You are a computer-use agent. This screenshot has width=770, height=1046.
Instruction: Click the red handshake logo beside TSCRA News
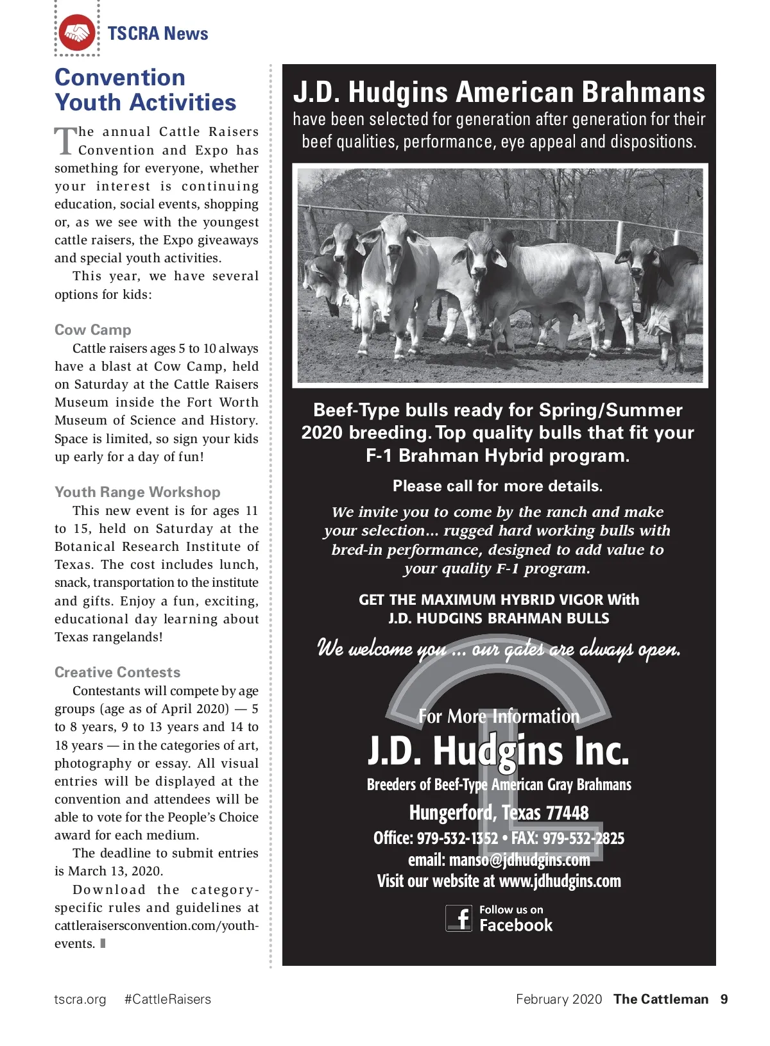77,33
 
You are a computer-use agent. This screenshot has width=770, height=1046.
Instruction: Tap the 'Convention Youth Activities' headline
145,90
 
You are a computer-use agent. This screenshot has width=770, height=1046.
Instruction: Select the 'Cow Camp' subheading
93,330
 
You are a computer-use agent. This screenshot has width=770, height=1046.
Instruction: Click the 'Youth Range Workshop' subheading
137,492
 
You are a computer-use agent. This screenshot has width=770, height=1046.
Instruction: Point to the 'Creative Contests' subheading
117,672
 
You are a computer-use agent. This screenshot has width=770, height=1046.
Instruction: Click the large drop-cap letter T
65,140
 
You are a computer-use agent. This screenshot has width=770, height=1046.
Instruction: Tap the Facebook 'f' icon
459,918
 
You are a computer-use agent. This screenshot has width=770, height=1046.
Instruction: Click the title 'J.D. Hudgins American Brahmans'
499,92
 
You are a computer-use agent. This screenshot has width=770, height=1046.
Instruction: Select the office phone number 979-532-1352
458,838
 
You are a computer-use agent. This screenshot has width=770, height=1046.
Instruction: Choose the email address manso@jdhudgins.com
519,859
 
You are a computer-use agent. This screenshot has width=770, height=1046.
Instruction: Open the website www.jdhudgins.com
560,881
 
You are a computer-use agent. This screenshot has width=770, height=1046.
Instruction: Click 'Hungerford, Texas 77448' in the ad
499,813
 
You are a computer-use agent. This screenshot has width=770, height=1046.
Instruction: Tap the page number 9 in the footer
724,999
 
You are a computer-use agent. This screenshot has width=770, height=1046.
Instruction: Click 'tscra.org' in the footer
80,999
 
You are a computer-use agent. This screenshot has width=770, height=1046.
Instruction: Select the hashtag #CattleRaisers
167,999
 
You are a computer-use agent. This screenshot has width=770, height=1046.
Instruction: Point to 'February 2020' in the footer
559,999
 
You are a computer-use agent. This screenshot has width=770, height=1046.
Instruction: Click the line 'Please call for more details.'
497,486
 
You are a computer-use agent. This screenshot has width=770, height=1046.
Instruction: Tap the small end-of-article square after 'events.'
103,943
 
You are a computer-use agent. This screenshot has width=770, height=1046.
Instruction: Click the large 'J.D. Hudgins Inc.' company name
499,751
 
